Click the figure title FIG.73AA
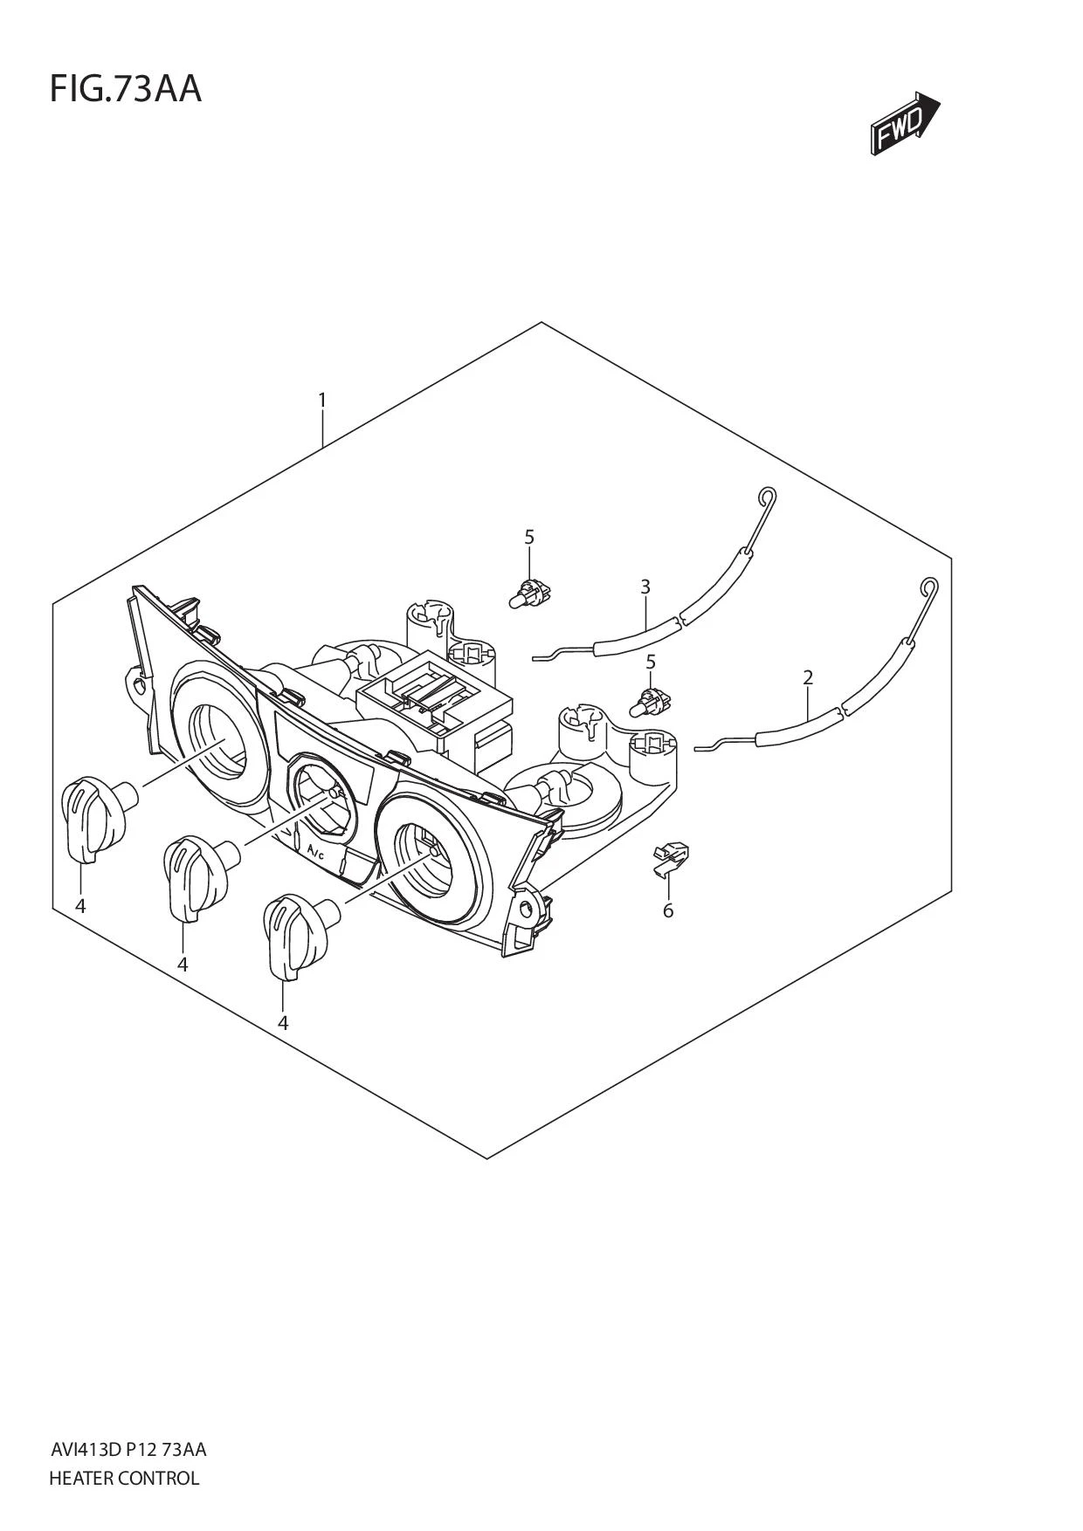tap(125, 89)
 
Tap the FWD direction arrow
tap(904, 124)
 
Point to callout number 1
tap(322, 401)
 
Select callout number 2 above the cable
tap(808, 677)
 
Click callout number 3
tap(645, 587)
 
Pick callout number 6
tap(668, 911)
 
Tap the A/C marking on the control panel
tap(315, 849)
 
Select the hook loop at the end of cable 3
tap(766, 498)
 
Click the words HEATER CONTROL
tap(124, 1478)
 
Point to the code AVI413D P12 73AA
tap(128, 1450)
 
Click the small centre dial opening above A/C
tap(323, 796)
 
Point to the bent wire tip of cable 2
tap(704, 746)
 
